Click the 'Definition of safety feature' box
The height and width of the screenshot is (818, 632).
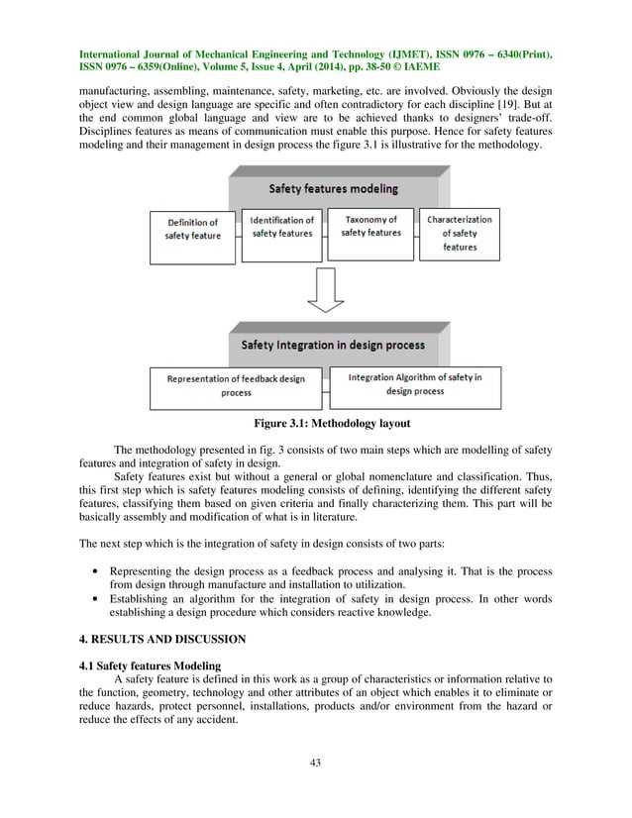pos(193,230)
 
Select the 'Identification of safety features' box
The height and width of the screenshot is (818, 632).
pos(281,228)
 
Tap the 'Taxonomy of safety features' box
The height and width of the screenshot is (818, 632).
pos(370,227)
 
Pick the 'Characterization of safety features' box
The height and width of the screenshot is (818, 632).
pos(459,232)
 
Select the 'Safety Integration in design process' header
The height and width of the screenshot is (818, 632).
pos(334,345)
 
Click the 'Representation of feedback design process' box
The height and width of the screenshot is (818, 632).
pos(236,385)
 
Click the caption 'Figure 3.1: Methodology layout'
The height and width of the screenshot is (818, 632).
pos(323,424)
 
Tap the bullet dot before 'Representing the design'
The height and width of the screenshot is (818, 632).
pos(93,572)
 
